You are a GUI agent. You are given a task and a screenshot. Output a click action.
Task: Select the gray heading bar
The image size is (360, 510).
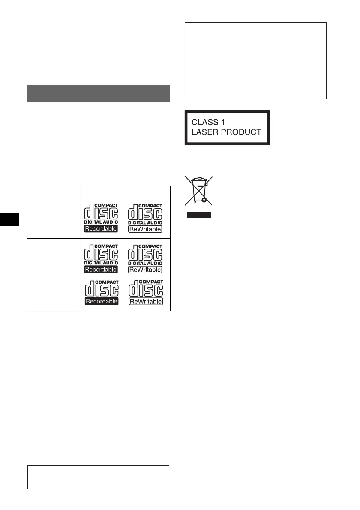click(x=99, y=94)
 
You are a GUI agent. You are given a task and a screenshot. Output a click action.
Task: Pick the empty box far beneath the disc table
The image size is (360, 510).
click(x=99, y=477)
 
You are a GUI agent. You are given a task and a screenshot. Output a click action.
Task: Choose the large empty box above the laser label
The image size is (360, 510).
click(x=255, y=60)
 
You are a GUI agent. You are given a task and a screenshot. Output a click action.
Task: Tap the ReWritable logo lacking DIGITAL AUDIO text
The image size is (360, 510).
click(x=145, y=292)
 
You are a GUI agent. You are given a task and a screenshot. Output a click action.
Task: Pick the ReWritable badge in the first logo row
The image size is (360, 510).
click(x=145, y=229)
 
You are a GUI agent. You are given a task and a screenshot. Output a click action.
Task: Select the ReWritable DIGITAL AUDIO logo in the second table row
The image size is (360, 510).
click(x=145, y=258)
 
